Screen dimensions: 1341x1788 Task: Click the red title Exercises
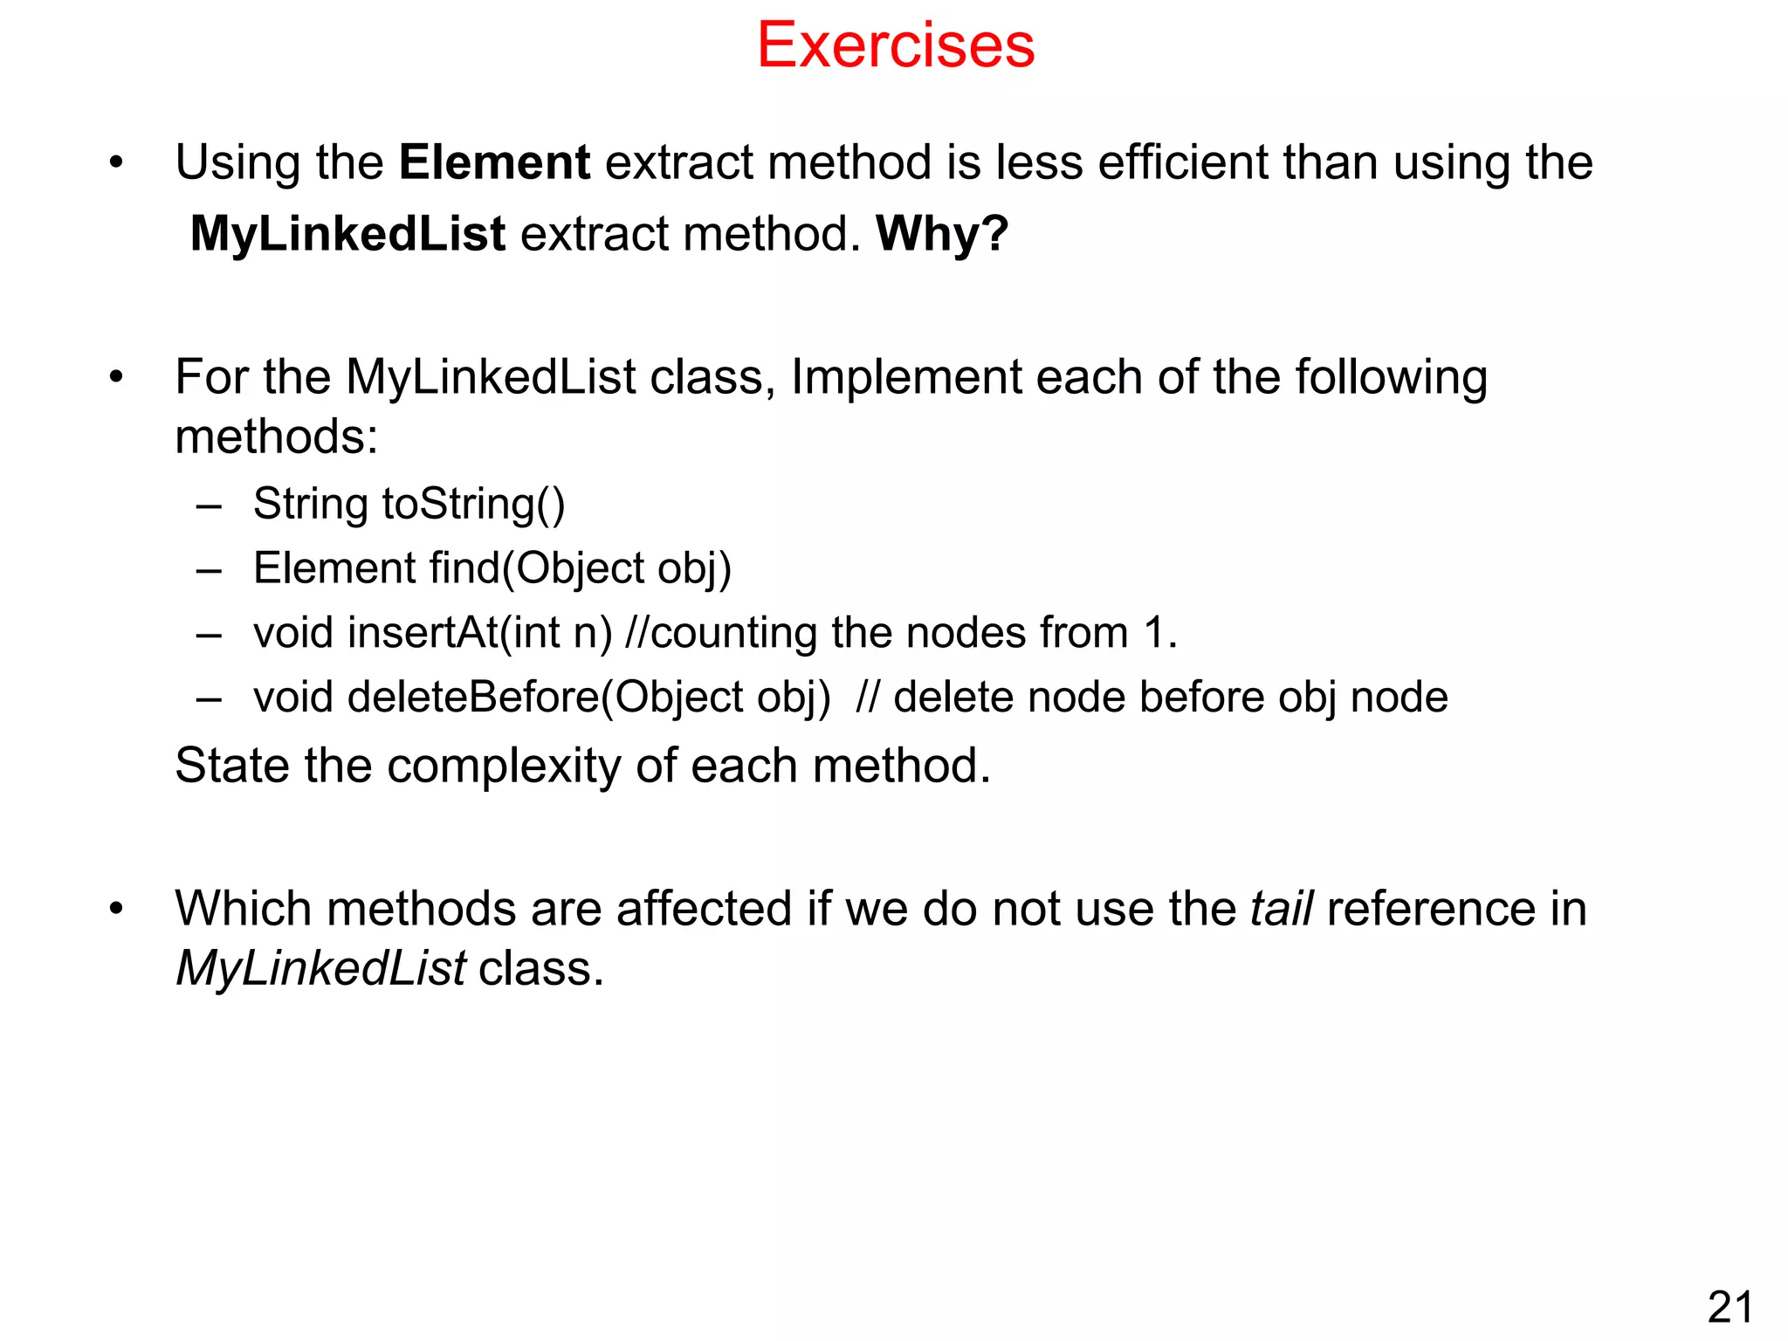(x=895, y=45)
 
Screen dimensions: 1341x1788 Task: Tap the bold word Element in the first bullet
(x=494, y=163)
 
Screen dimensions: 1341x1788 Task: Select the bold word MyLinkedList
(x=347, y=234)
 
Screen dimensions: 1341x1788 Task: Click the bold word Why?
(x=942, y=234)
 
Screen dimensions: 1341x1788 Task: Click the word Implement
(x=905, y=378)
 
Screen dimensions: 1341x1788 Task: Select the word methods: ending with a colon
(x=276, y=437)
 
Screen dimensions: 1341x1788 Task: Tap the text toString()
(x=473, y=505)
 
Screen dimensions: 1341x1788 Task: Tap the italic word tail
(x=1281, y=909)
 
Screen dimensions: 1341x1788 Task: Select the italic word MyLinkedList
(x=320, y=968)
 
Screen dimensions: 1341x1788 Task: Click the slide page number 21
(x=1730, y=1308)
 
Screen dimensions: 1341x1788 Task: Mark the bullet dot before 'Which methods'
(x=116, y=910)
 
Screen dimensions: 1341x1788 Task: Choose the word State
(x=232, y=766)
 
